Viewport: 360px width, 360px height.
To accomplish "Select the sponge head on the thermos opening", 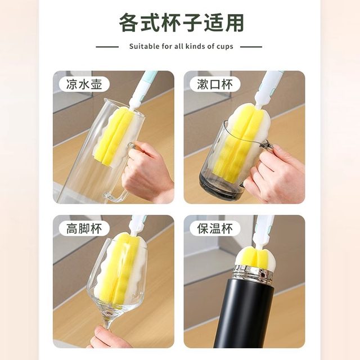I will tap(251, 256).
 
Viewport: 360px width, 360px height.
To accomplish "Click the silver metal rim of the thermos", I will tap(253, 275).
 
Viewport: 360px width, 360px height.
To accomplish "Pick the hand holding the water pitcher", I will tap(147, 172).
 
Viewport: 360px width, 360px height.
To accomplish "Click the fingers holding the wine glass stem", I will tap(107, 337).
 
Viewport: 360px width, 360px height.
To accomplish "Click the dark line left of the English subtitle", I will tap(107, 47).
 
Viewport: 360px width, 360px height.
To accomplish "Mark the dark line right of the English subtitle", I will tap(251, 47).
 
